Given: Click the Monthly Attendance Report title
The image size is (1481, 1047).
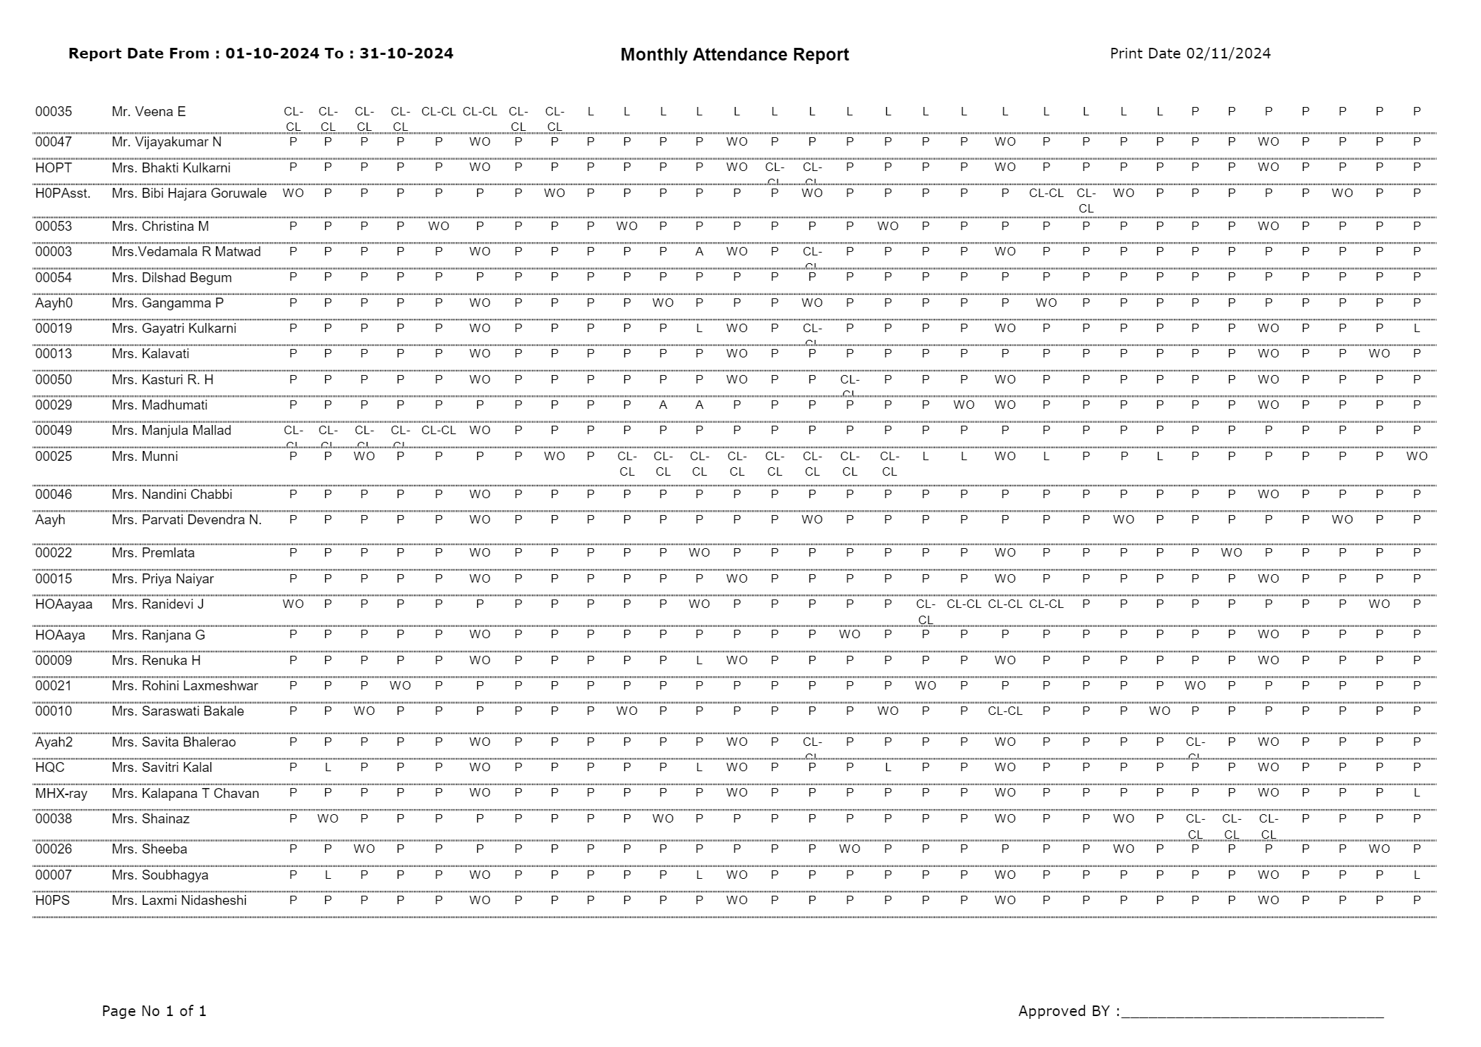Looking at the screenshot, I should (x=734, y=55).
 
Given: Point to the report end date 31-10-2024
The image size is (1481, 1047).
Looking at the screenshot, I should (x=406, y=53).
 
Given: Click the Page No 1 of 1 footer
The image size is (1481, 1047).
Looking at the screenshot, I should (x=154, y=1011).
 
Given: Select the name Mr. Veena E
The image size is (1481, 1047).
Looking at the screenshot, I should (x=149, y=111).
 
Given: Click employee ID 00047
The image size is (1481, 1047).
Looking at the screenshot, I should (x=53, y=141).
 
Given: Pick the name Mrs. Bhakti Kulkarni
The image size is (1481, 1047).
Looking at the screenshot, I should (x=171, y=167).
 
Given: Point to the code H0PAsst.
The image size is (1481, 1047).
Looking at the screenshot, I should (x=63, y=193).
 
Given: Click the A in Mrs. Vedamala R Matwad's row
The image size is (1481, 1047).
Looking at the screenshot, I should (x=699, y=251).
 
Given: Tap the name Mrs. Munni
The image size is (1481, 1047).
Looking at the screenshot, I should (x=144, y=456).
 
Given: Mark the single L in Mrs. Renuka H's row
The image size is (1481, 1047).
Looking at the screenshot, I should (x=699, y=660).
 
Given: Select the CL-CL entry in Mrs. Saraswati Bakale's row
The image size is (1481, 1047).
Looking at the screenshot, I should (x=1004, y=711).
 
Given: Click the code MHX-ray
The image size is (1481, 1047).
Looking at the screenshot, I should (x=61, y=793).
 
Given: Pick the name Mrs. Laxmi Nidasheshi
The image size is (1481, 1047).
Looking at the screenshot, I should (x=179, y=900).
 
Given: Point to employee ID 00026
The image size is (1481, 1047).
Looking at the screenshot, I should (x=53, y=849).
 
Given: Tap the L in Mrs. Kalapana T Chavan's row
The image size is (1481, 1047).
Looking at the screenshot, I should (x=1416, y=793).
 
